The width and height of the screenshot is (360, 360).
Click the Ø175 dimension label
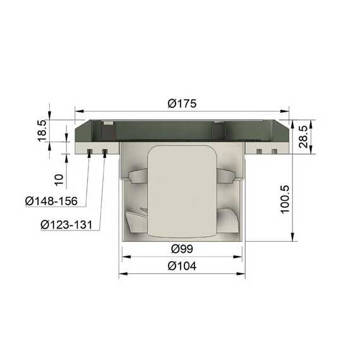182,104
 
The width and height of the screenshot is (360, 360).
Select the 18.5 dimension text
42,131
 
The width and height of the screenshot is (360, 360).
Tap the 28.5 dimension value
303,136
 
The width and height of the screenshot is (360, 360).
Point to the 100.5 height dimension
285,200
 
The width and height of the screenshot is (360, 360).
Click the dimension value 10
59,180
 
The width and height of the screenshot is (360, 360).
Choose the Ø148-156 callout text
51,201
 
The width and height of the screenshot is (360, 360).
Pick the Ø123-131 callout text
66,225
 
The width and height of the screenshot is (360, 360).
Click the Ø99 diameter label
183,249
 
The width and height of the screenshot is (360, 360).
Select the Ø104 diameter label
182,266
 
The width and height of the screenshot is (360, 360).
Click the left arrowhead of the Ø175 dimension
79,111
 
